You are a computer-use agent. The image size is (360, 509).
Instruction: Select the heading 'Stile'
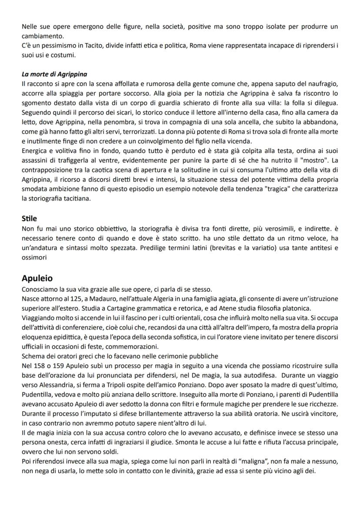coord(29,219)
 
